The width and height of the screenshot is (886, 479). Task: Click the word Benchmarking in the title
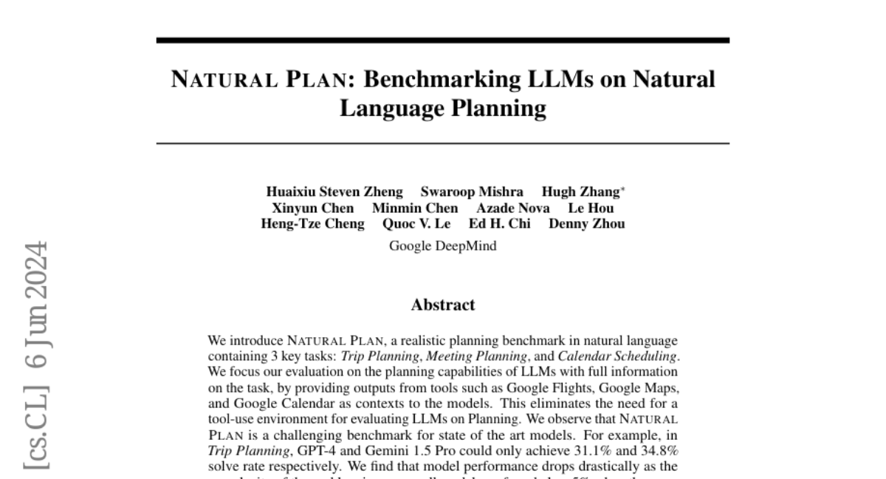(x=432, y=79)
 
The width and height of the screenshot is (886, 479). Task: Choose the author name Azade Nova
(x=512, y=208)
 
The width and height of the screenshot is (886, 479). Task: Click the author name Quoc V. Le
(x=416, y=223)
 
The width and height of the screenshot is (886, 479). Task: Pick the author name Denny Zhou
(x=586, y=223)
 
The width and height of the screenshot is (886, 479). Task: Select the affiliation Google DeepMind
(x=442, y=246)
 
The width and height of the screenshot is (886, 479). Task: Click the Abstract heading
(x=442, y=305)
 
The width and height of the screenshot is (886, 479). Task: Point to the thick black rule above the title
(x=442, y=40)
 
